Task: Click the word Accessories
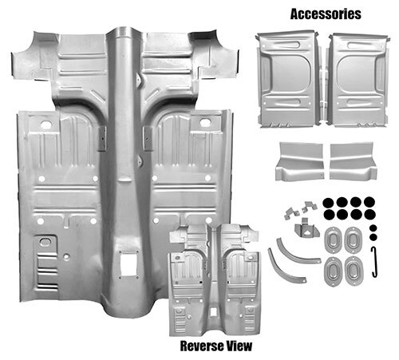(326, 14)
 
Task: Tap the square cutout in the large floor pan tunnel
(128, 265)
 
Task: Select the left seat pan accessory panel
(289, 79)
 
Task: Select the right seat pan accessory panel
(358, 80)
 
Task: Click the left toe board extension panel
(300, 161)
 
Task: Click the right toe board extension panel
(353, 161)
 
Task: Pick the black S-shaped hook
(374, 262)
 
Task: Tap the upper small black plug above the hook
(373, 228)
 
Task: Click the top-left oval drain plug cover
(333, 240)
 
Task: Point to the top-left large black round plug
(328, 203)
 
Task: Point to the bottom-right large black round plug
(369, 215)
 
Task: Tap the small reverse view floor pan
(214, 279)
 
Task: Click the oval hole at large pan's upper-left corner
(46, 125)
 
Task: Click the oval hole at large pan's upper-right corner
(205, 123)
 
